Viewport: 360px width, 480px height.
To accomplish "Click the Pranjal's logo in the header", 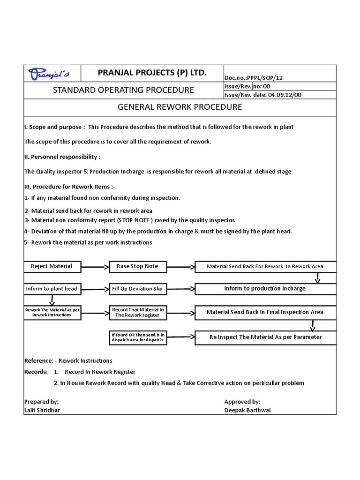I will pos(52,74).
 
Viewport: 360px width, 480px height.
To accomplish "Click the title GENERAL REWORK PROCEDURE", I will pos(180,107).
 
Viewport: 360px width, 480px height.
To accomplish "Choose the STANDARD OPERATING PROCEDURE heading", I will pos(123,90).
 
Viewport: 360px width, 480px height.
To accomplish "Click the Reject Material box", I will pos(52,266).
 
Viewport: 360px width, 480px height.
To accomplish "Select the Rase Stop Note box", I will pos(137,266).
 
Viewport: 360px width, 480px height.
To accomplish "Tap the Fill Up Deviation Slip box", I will pos(137,289).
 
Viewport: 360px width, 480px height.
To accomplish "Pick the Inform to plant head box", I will pos(52,289).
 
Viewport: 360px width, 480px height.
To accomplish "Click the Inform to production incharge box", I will pos(265,289).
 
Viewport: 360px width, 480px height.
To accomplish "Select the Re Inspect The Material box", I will pos(265,337).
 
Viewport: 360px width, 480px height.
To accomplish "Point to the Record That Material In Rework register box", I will pos(137,313).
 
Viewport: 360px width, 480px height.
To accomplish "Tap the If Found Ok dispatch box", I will pos(137,337).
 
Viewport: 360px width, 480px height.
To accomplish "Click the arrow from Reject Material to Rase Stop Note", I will pos(95,267).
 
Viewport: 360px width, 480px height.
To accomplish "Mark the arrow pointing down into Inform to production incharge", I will pos(317,278).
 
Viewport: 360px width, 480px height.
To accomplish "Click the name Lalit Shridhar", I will pos(42,410).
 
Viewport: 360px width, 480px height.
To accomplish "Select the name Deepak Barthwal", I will pos(247,410).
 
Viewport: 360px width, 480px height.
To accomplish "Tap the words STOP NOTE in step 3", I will pos(134,220).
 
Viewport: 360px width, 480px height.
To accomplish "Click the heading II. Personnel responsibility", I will pos(62,157).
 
